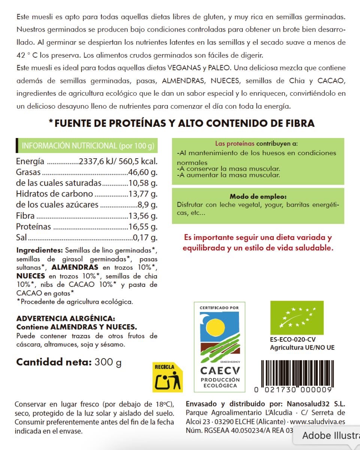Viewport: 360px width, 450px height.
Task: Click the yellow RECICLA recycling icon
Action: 167,377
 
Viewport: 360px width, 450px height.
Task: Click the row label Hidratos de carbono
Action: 54,194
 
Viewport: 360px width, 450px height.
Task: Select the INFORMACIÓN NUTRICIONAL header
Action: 88,146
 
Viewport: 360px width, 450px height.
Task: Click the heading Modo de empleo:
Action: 258,196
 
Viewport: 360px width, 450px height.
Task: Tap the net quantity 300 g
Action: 108,362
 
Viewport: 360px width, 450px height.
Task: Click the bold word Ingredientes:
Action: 39,250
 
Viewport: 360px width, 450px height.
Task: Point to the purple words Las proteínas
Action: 235,144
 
